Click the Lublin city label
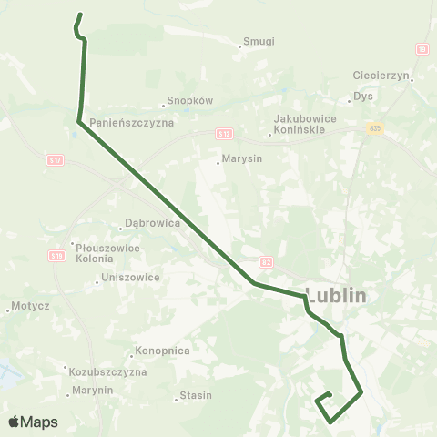pos(336,296)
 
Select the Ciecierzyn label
pos(383,76)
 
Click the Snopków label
pos(188,102)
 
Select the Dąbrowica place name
pos(153,223)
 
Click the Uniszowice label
pos(131,278)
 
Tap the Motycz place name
pos(30,307)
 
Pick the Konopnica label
pos(162,351)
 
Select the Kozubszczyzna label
pos(107,371)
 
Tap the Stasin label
pos(196,395)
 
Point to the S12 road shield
pos(223,134)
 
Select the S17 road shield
pos(55,160)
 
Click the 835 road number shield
pos(376,128)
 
